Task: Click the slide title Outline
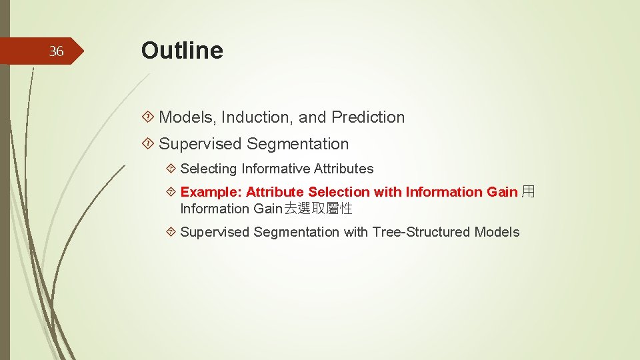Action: pyautogui.click(x=182, y=51)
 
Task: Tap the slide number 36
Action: pyautogui.click(x=57, y=51)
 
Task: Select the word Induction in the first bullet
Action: pyautogui.click(x=257, y=117)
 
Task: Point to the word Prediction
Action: pyautogui.click(x=368, y=117)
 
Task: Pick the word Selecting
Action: pyautogui.click(x=209, y=169)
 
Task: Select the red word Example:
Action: pyautogui.click(x=211, y=192)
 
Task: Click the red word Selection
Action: pyautogui.click(x=339, y=192)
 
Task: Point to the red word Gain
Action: pyautogui.click(x=502, y=192)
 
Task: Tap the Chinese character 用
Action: pyautogui.click(x=528, y=192)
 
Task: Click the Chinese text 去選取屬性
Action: pyautogui.click(x=319, y=209)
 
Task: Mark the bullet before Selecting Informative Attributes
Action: pyautogui.click(x=171, y=169)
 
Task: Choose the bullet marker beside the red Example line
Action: pyautogui.click(x=171, y=192)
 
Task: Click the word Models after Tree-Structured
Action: pyautogui.click(x=497, y=232)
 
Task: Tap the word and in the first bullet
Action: pyautogui.click(x=313, y=117)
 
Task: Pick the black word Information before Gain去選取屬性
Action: pyautogui.click(x=215, y=209)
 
